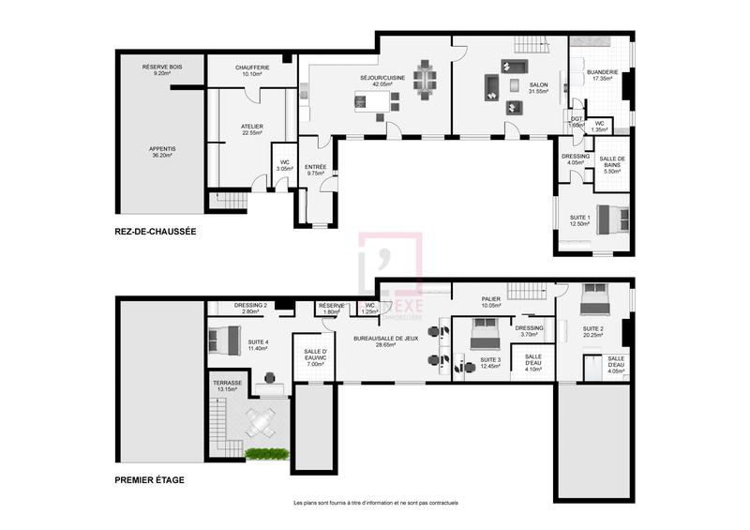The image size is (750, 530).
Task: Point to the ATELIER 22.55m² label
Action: (251, 129)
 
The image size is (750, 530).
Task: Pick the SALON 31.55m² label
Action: (538, 88)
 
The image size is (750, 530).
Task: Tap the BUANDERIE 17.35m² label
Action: (602, 75)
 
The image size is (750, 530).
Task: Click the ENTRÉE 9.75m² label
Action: (315, 170)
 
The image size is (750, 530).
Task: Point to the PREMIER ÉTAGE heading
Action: (149, 480)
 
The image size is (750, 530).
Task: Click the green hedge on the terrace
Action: (264, 455)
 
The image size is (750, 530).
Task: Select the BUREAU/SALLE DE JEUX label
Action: (380, 341)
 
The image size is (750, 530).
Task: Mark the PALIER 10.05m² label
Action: (491, 302)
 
